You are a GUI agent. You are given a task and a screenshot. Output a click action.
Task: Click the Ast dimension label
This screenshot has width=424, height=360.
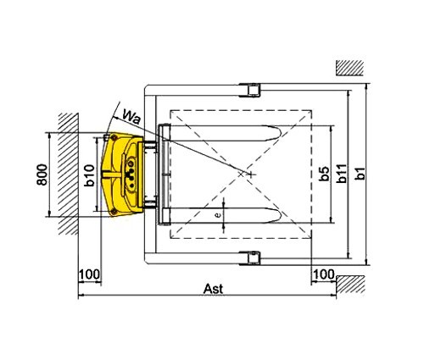pos(213,289)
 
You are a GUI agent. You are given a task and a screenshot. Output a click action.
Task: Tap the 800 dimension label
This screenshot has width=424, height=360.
pos(42,174)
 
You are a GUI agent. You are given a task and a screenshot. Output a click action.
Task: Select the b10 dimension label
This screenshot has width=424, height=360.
pos(89,175)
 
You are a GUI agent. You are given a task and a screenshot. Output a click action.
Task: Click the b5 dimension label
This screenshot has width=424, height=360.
pos(324,174)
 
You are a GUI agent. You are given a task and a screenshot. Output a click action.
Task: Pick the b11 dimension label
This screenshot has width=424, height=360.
pos(342,174)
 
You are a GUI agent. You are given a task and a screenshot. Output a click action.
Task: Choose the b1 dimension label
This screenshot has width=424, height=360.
pos(360,174)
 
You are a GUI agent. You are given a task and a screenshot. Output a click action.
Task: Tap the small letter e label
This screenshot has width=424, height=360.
pos(218,215)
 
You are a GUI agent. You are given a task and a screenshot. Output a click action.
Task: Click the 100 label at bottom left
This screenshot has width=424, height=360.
pos(89,274)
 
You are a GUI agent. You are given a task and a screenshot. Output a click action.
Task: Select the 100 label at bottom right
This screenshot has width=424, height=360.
pos(323,274)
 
